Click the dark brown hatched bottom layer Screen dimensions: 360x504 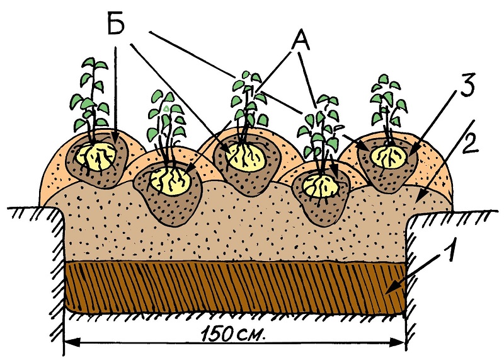click(233, 287)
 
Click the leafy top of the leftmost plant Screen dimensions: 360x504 click(91, 82)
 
